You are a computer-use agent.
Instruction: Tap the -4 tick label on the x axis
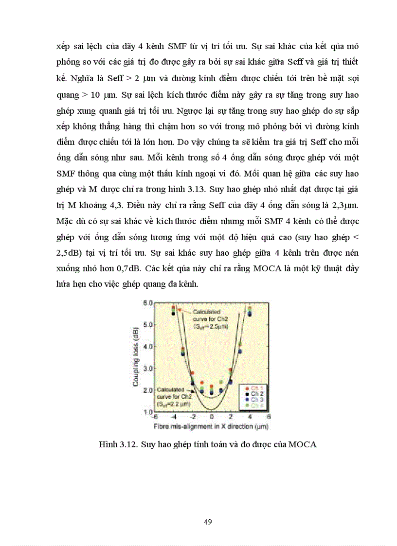pyautogui.click(x=173, y=417)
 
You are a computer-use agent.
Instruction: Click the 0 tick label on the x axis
pyautogui.click(x=211, y=417)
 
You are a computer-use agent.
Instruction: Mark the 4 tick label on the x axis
pyautogui.click(x=250, y=417)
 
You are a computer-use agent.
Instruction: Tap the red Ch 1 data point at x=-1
pyautogui.click(x=202, y=383)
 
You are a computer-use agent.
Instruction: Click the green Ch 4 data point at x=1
pyautogui.click(x=221, y=382)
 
